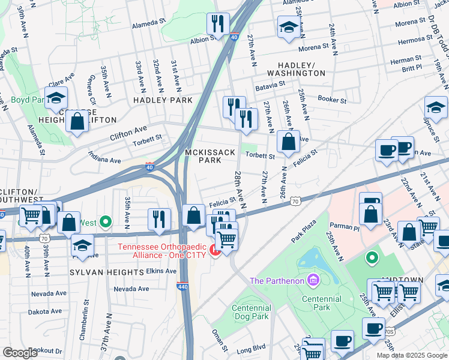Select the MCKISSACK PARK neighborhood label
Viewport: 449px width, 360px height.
click(209, 157)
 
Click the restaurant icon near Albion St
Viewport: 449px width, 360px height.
click(216, 23)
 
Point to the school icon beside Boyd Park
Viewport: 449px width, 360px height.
click(56, 97)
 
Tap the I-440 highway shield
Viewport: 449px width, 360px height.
click(182, 286)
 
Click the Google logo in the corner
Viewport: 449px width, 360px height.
click(20, 353)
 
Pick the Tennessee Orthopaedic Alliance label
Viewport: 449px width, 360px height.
click(169, 251)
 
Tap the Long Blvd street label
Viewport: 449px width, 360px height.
click(251, 348)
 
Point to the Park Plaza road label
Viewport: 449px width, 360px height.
click(304, 230)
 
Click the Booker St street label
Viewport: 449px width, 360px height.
click(333, 100)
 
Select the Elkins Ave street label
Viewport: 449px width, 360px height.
click(160, 271)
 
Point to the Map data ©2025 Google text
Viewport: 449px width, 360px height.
click(411, 355)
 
